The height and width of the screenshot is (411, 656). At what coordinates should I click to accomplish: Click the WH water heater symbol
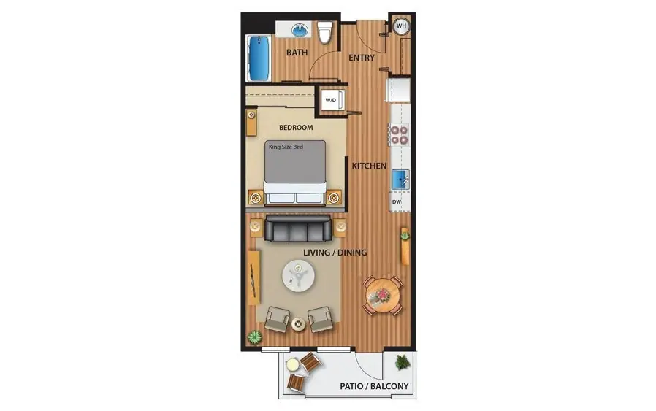401,26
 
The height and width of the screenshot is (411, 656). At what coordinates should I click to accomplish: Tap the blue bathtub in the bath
259,58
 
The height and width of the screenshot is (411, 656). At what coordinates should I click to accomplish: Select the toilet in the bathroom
324,32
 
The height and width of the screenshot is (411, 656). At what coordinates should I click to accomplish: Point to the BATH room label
297,53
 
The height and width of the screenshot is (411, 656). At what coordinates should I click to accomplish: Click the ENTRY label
362,58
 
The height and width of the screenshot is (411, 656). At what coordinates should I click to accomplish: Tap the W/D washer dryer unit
332,100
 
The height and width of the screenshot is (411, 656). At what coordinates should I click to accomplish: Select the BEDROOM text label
296,128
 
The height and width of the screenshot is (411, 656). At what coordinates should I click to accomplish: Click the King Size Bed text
286,147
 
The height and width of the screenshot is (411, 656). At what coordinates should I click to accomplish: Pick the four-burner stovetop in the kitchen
398,134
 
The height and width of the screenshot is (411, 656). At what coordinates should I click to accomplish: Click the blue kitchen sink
400,180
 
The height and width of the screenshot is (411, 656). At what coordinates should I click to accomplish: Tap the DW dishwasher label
397,202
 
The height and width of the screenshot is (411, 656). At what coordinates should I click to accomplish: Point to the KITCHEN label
369,166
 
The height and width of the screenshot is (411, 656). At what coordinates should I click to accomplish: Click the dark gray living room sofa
298,228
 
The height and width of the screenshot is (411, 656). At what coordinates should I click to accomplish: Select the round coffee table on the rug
298,275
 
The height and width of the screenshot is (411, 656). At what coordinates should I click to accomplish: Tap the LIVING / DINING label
335,253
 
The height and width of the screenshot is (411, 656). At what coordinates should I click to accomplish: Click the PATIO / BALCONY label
374,386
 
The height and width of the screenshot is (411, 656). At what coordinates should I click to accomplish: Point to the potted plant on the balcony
403,362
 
